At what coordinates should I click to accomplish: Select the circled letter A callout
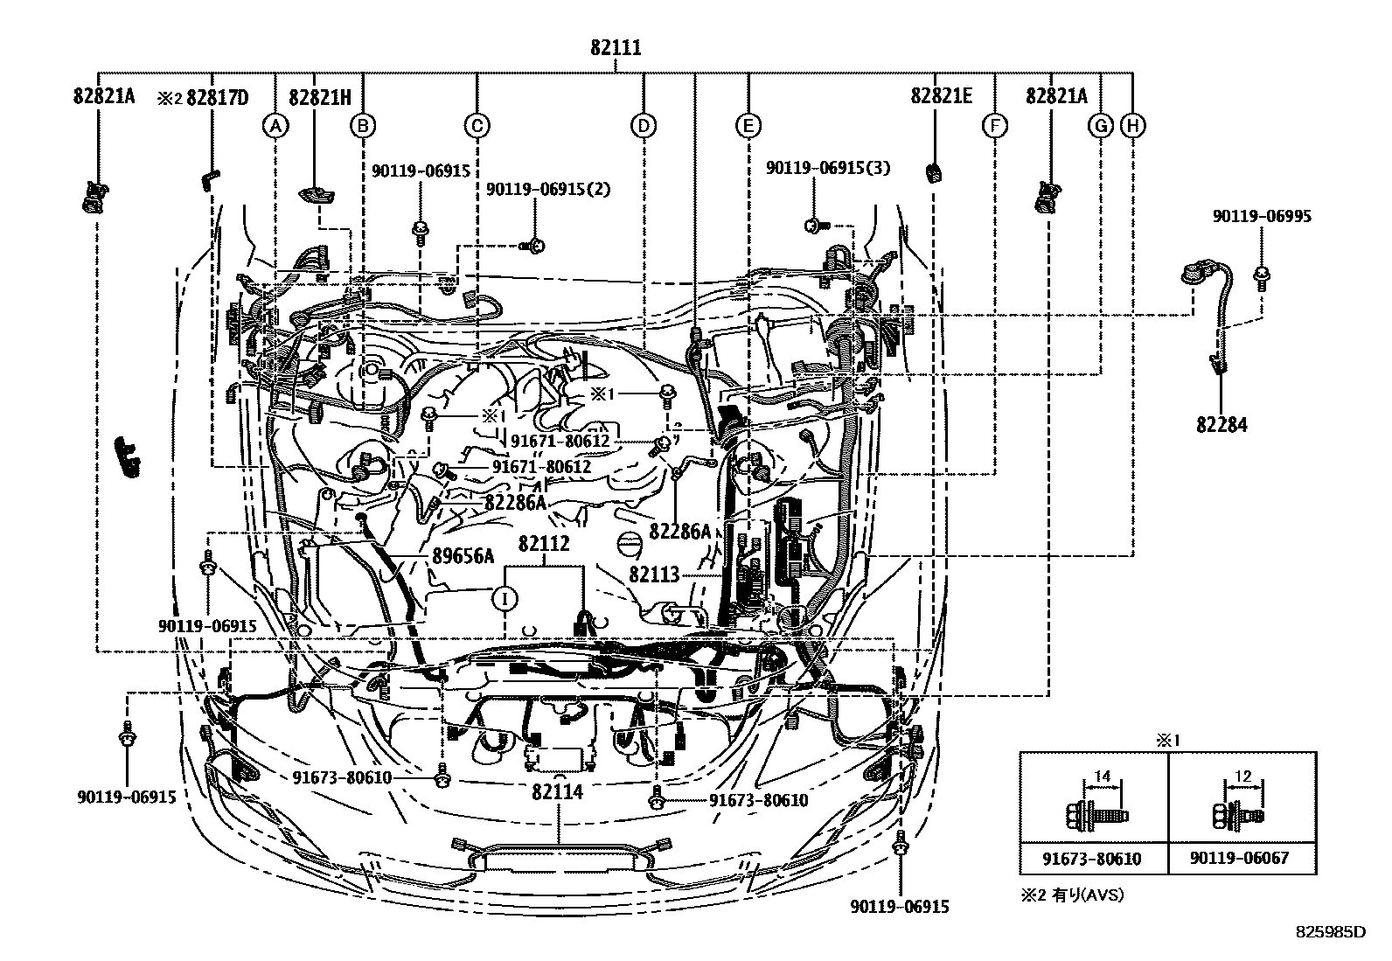tap(275, 127)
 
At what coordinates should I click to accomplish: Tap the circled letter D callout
tap(643, 127)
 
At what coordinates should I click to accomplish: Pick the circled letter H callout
tap(1133, 127)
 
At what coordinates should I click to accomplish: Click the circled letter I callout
tap(505, 598)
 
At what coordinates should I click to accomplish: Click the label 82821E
tap(941, 97)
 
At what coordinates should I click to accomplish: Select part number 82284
tap(1221, 425)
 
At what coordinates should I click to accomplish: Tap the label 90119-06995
tap(1261, 217)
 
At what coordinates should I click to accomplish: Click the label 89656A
tap(463, 556)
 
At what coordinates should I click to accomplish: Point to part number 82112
tap(543, 544)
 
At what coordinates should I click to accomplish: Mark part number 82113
tap(653, 575)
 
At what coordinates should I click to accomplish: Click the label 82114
tap(557, 792)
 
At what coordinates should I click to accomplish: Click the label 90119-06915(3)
tap(828, 168)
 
